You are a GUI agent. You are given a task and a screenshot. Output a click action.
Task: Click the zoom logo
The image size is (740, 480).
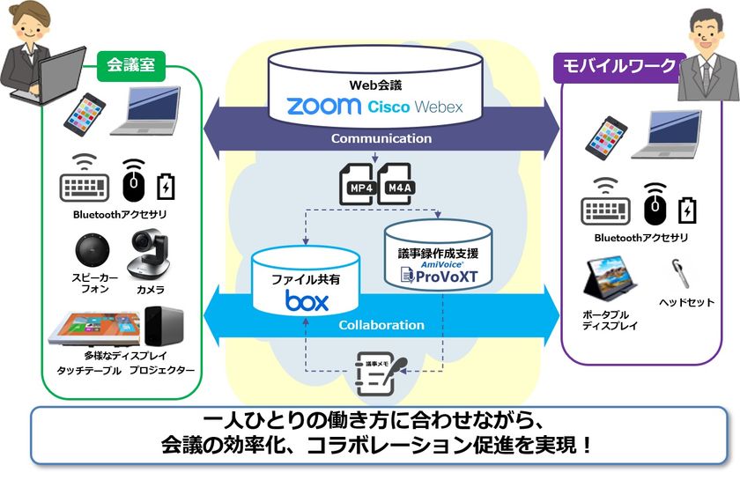(x=323, y=107)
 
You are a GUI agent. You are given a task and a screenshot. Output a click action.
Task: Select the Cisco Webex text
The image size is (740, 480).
(x=413, y=107)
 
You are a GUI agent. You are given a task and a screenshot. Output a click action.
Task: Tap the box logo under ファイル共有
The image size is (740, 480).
(x=307, y=301)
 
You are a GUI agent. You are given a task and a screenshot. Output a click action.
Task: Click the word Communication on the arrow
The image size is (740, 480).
(x=381, y=138)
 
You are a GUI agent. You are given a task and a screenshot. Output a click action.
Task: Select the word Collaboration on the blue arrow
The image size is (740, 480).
(x=381, y=325)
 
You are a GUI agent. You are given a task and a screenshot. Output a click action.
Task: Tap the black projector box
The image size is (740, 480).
(x=166, y=326)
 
